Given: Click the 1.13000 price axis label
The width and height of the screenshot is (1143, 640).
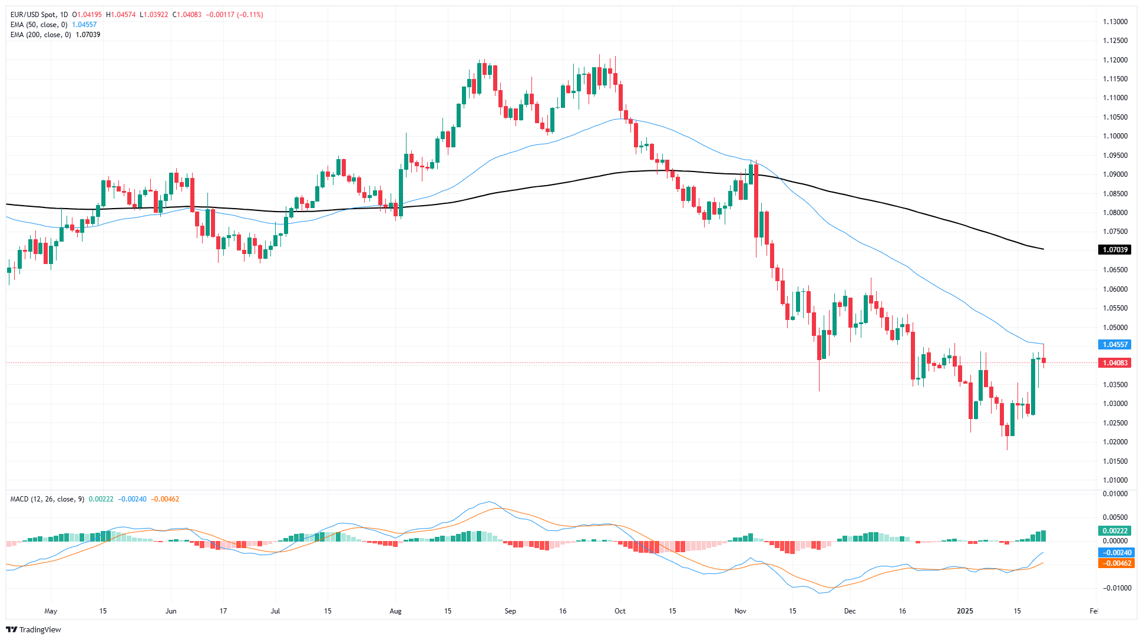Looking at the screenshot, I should (1115, 22).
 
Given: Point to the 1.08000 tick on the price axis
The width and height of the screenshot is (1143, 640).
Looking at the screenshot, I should (1115, 213).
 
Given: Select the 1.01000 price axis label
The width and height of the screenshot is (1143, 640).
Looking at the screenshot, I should (1115, 480).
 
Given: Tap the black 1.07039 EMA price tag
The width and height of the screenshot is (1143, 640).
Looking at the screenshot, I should (1115, 250).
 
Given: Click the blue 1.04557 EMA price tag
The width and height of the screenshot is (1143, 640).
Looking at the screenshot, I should (1115, 345).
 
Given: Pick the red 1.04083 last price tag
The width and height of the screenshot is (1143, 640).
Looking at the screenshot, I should (1115, 363).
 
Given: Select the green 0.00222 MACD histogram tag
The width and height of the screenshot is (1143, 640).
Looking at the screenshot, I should (1115, 531).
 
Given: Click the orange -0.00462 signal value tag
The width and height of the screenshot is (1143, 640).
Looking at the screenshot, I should (1115, 563).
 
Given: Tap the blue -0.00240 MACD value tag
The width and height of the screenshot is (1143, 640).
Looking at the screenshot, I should (1115, 553).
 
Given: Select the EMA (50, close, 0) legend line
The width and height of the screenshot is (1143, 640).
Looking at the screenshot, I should (39, 25).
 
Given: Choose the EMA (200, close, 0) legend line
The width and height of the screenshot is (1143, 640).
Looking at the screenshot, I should (41, 35).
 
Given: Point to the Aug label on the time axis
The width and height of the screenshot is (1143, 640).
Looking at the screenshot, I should (395, 611).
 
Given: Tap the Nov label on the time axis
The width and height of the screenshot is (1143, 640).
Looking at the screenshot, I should (741, 611).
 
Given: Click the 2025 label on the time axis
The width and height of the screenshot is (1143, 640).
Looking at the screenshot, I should (965, 611).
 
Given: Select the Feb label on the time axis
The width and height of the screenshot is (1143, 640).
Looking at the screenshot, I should (1094, 611).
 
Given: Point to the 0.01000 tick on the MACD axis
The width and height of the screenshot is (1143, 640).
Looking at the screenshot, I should (1115, 494).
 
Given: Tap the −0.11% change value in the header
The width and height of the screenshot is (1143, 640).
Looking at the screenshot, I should (250, 15).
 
